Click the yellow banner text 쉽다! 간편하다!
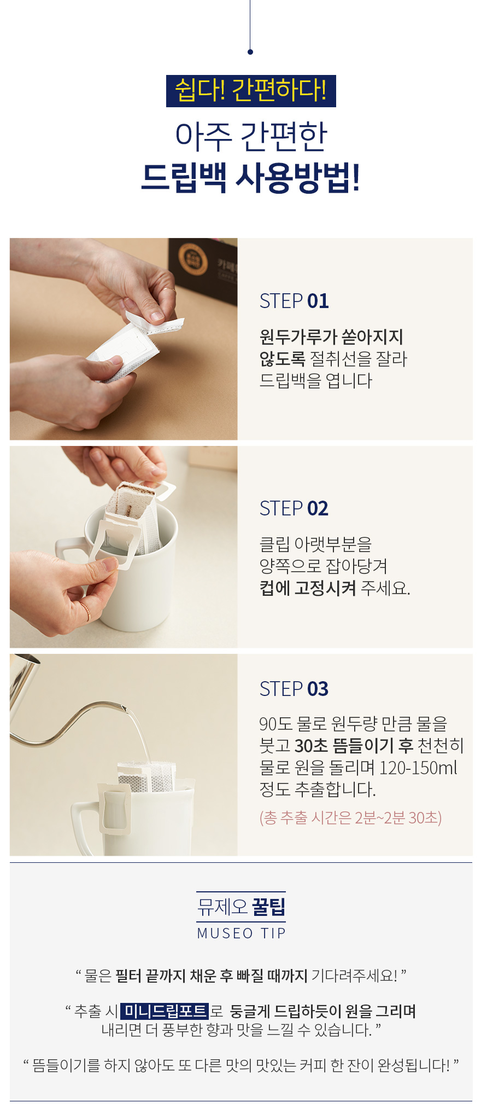pyautogui.click(x=251, y=90)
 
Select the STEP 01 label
pyautogui.click(x=294, y=301)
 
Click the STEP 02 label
pyautogui.click(x=294, y=508)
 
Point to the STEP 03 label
pyautogui.click(x=294, y=689)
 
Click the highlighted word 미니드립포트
pyautogui.click(x=165, y=1011)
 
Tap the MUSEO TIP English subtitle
pyautogui.click(x=241, y=933)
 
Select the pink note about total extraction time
pyautogui.click(x=350, y=817)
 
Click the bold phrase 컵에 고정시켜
pyautogui.click(x=308, y=588)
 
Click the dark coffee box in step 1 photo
pyautogui.click(x=203, y=269)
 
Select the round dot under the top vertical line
pyautogui.click(x=250, y=52)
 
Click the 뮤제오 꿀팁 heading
pyautogui.click(x=241, y=907)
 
